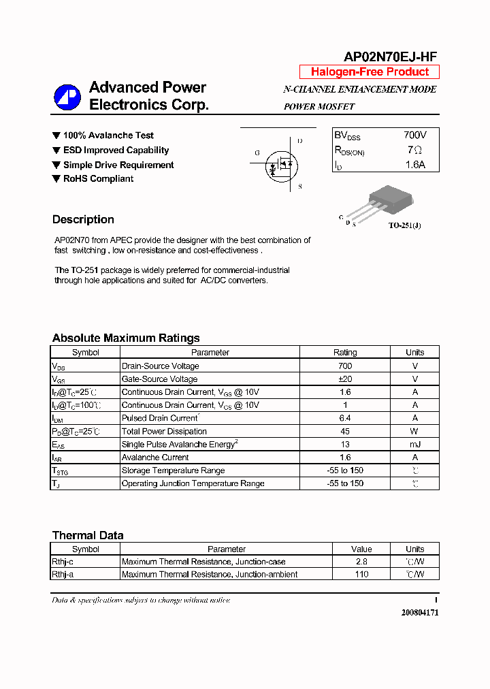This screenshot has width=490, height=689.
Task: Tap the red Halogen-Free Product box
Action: [370, 72]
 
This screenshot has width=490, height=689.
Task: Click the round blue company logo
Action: [67, 97]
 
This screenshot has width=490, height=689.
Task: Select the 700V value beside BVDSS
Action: [414, 135]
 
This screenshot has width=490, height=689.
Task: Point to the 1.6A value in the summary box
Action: [414, 165]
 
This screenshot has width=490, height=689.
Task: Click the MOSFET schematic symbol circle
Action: [281, 165]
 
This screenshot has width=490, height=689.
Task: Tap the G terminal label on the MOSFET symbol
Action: [257, 153]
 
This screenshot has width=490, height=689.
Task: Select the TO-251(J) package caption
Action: [404, 225]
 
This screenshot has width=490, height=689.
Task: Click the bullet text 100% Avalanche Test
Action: [108, 135]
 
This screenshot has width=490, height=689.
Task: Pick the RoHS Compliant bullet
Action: [98, 179]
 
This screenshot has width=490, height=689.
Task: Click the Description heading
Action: [83, 219]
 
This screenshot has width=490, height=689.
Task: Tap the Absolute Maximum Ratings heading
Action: [126, 338]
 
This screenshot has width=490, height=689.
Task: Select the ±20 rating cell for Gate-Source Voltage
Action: [344, 379]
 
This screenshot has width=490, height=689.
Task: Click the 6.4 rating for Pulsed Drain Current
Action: [344, 418]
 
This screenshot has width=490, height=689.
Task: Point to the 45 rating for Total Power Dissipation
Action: [344, 431]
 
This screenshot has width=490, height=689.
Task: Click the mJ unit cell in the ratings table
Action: [414, 445]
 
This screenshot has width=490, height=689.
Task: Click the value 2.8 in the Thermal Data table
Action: [361, 562]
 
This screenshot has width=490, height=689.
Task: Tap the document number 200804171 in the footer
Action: [419, 612]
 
